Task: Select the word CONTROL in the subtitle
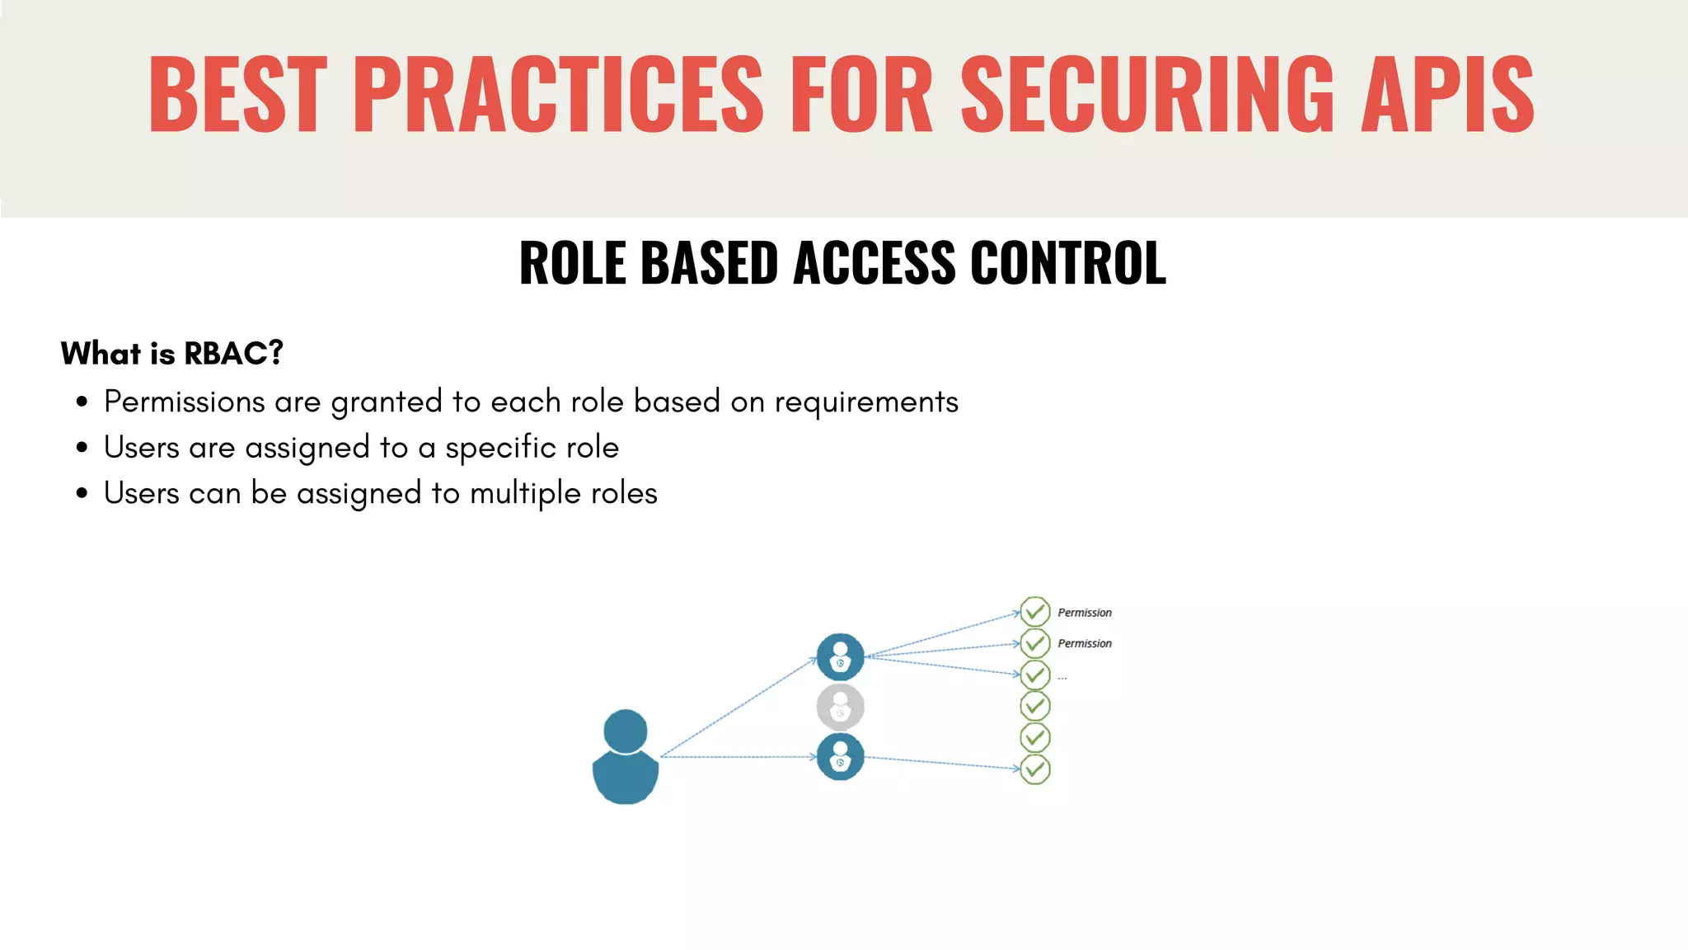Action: point(1068,263)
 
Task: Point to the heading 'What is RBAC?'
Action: point(171,353)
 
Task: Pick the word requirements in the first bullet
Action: point(866,402)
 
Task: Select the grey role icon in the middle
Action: point(840,707)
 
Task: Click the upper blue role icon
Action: point(840,657)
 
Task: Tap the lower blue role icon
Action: point(840,757)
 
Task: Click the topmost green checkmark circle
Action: point(1035,612)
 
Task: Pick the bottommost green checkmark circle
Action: point(1035,769)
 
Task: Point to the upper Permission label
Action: point(1085,613)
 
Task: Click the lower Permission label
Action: point(1085,643)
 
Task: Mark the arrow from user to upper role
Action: point(738,708)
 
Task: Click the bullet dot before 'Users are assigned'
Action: point(82,448)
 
